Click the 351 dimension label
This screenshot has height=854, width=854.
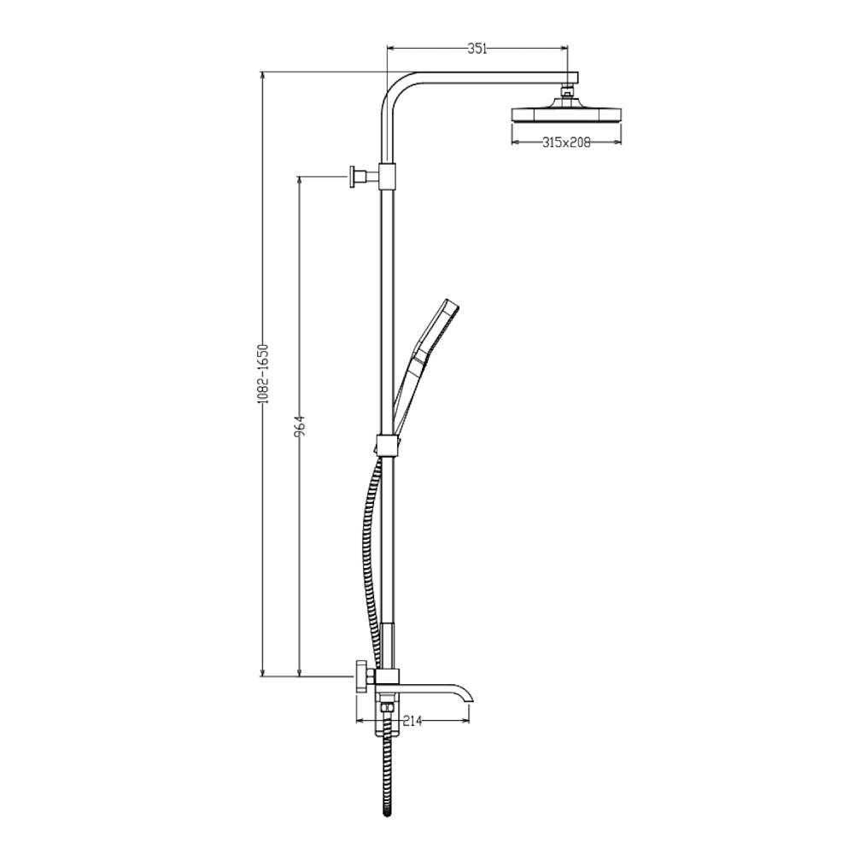point(477,49)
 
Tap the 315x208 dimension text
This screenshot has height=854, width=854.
point(566,143)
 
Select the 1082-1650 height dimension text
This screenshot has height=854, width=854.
point(264,374)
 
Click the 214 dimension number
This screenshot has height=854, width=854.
point(412,721)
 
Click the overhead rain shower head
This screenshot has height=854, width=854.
point(566,112)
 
